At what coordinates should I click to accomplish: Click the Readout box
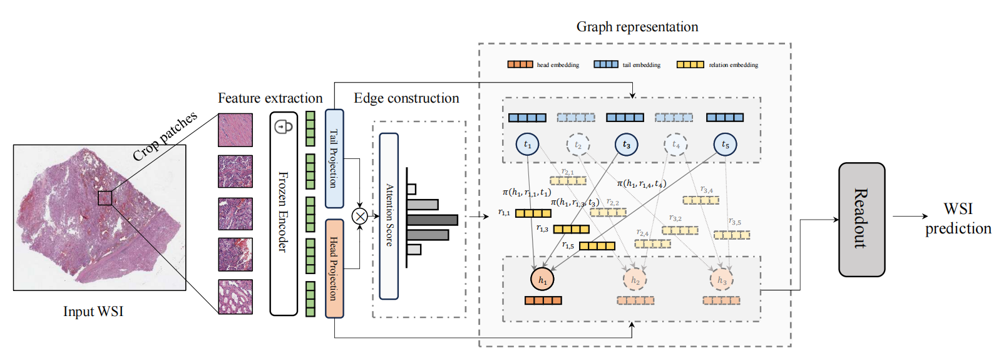click(x=861, y=219)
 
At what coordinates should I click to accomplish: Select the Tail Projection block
click(x=334, y=159)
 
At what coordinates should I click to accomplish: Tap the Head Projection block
click(x=334, y=268)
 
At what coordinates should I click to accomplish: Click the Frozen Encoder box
click(x=284, y=213)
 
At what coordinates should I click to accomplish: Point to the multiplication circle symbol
click(x=359, y=217)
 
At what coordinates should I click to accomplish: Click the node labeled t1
click(x=527, y=145)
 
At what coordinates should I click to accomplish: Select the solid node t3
click(x=626, y=145)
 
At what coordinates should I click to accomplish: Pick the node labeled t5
click(x=725, y=145)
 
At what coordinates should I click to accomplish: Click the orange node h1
click(x=542, y=280)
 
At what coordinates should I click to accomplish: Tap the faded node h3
click(x=721, y=280)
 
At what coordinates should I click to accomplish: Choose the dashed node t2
click(x=578, y=145)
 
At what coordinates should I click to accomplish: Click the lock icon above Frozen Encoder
click(x=284, y=126)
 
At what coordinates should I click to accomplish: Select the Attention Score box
click(x=389, y=216)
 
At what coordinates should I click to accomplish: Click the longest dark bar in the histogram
click(x=432, y=220)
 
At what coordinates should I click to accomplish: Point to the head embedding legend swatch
click(x=520, y=64)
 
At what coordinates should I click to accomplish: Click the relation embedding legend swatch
click(x=690, y=64)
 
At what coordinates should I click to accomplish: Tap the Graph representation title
click(x=637, y=27)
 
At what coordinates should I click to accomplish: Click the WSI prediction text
click(x=958, y=218)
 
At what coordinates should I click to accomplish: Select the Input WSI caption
click(x=93, y=312)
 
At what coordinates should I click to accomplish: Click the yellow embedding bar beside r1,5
click(x=597, y=246)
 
